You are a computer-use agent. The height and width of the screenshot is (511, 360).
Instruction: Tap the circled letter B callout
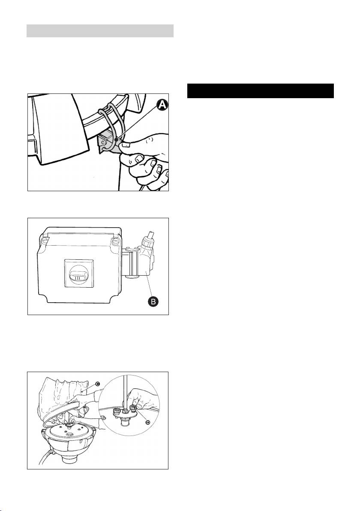[x=153, y=301]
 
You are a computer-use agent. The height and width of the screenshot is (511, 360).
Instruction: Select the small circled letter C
[x=97, y=384]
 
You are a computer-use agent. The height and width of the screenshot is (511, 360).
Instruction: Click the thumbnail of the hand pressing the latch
[x=98, y=142]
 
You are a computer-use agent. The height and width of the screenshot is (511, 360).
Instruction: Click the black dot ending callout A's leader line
[x=116, y=140]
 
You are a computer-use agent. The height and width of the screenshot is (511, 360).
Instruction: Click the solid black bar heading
[x=261, y=91]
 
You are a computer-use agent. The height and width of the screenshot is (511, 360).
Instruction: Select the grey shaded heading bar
[x=100, y=31]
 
